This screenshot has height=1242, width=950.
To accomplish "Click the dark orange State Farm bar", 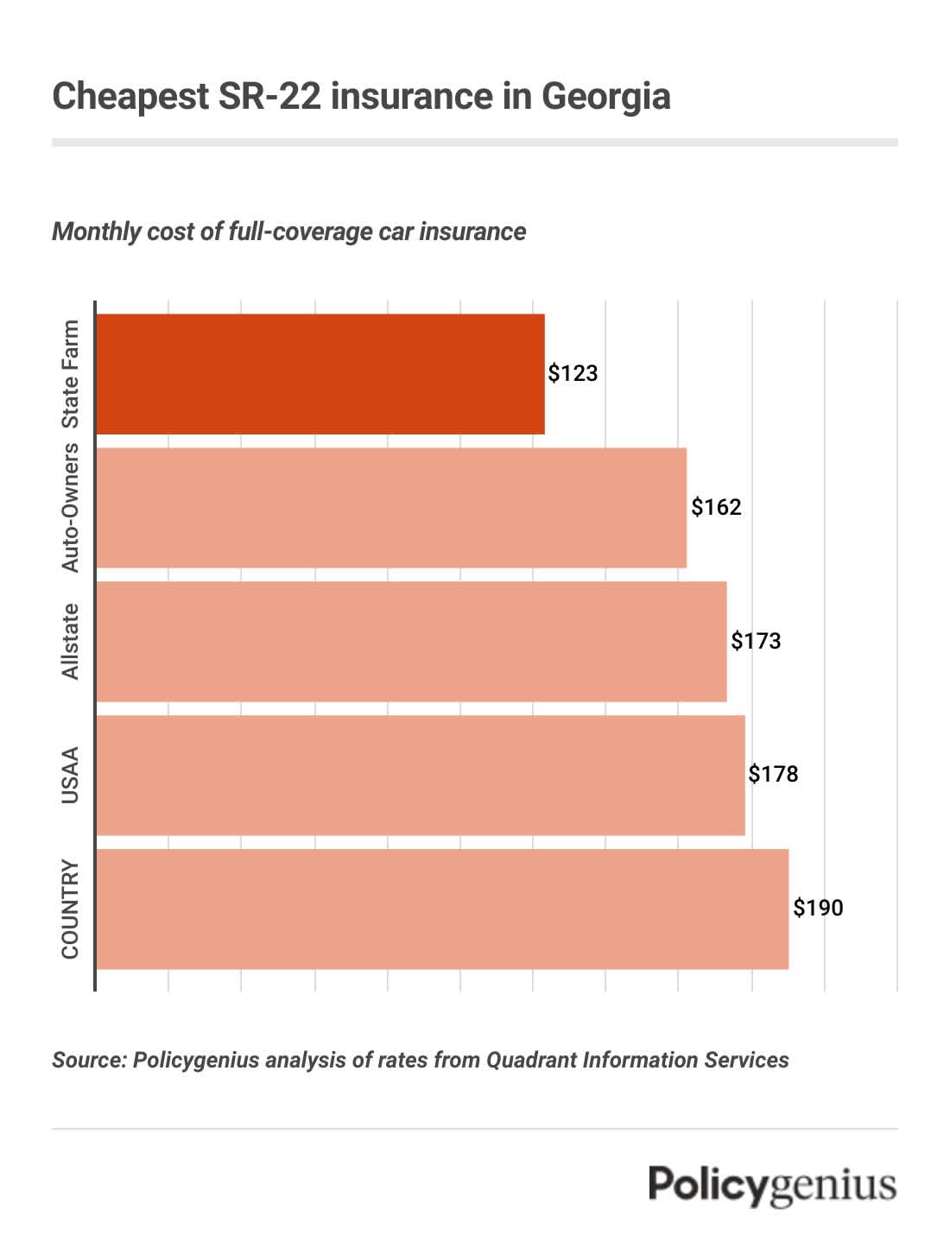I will point(320,374).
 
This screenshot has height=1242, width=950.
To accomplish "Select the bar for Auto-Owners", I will point(390,508).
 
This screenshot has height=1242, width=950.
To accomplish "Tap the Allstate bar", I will point(411,642).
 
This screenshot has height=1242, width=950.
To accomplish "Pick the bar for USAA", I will point(420,776).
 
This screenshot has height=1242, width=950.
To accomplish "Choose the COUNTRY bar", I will point(441,909).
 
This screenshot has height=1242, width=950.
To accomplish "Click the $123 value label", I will point(573,373).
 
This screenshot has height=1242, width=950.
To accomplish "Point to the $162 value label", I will point(716,507).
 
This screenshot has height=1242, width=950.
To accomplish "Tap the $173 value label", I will point(756,641).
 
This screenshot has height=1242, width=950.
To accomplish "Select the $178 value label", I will point(773,774).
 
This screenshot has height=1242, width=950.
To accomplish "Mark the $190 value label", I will point(818,908).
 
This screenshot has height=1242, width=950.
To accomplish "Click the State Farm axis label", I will point(70,374).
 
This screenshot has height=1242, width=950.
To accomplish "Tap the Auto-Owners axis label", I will point(70,508).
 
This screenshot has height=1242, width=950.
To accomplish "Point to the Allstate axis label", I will point(70,642).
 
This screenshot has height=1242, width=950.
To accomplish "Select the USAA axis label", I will point(70,776).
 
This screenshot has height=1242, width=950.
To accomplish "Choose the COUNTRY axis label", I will point(70,909).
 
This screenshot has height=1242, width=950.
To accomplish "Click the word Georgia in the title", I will point(605,96).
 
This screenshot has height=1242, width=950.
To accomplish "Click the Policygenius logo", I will point(773,1184).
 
